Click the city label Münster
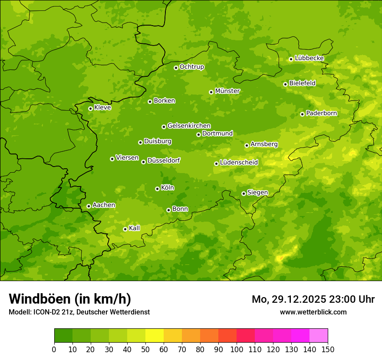227,91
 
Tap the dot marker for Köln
157,189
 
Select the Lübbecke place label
309,58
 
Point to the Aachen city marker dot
89,206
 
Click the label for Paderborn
321,113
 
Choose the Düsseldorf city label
164,160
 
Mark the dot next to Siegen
244,193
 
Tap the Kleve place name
102,108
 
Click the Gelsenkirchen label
189,126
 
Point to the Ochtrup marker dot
176,68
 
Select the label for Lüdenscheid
239,163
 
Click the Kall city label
135,228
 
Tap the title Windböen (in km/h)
70,299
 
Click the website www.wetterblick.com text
313,312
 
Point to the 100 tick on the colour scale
237,350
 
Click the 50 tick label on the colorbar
145,350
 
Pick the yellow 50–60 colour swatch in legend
155,336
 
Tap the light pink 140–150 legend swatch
319,336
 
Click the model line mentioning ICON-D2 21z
79,312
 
